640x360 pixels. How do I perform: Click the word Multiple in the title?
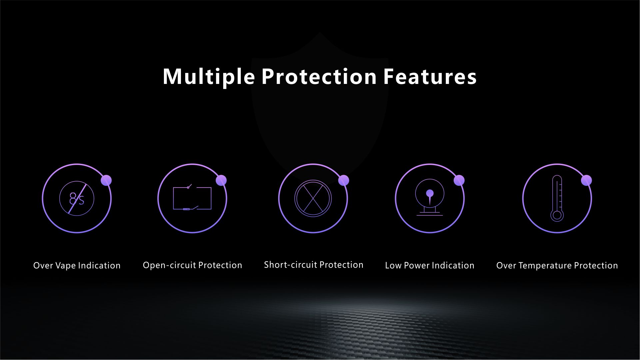[209, 77]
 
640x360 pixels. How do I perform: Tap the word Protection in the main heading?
[319, 77]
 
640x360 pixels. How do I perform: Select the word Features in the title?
[430, 77]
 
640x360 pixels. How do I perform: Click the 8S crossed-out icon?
[77, 199]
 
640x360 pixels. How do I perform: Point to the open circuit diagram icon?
[192, 198]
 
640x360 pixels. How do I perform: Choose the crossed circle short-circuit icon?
[313, 198]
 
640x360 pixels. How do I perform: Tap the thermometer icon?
[557, 198]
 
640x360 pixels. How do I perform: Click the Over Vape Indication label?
[77, 265]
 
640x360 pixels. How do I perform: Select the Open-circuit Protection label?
[193, 265]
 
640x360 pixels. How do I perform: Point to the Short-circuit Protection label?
[314, 265]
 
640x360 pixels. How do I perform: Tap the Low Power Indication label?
[430, 265]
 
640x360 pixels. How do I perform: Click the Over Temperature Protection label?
[557, 265]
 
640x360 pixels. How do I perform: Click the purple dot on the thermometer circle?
[586, 180]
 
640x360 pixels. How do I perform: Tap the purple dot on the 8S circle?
[106, 180]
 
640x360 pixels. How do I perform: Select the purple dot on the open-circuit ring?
[221, 180]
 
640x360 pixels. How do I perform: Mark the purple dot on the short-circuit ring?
[343, 180]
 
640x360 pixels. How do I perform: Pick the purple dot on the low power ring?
[459, 180]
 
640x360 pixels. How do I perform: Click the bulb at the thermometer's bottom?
[557, 215]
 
